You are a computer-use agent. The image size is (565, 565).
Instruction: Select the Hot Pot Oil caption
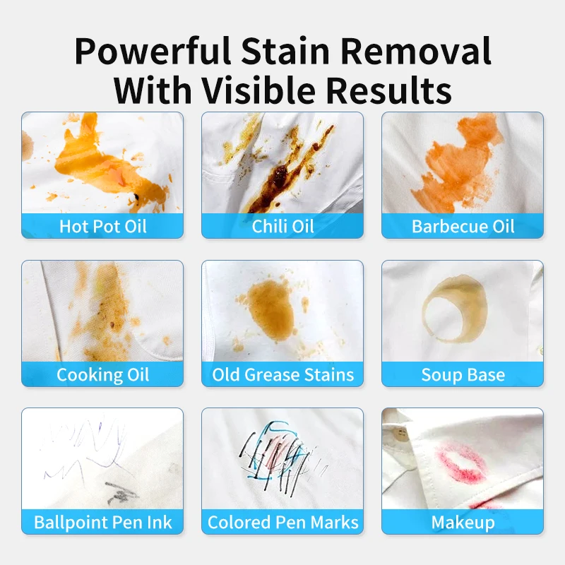pos(102,227)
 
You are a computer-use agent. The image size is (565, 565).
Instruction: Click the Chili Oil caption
pos(282,227)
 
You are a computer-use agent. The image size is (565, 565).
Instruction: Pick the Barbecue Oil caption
pos(463,227)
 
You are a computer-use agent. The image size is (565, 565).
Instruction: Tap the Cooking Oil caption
pos(102,374)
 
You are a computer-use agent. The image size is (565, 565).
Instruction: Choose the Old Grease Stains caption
pos(282,374)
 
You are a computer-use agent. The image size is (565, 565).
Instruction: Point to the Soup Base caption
pos(463,374)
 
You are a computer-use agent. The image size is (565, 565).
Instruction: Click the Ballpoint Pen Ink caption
pos(102,523)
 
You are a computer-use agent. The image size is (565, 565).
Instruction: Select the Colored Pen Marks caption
pos(282,523)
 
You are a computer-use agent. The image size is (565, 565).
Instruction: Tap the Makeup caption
pos(463,523)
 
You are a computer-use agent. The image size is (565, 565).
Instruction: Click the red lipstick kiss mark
pos(463,463)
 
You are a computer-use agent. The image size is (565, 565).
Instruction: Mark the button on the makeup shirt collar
pos(402,433)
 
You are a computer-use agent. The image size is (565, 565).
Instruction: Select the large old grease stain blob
pos(273,304)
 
